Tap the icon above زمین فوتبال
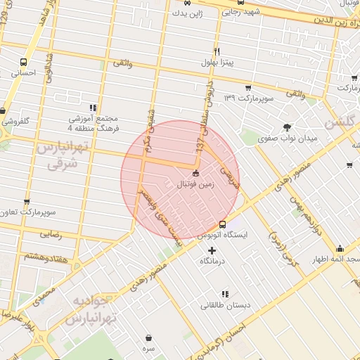pyautogui.click(x=195, y=174)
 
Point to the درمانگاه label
pyautogui.click(x=212, y=261)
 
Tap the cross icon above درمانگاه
pyautogui.click(x=212, y=250)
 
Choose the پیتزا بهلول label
pyautogui.click(x=216, y=63)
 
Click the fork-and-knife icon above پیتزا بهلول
pyautogui.click(x=217, y=52)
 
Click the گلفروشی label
pyautogui.click(x=15, y=121)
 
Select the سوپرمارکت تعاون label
pyautogui.click(x=27, y=212)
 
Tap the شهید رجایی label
pyautogui.click(x=241, y=11)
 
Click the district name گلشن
pyautogui.click(x=339, y=122)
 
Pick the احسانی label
pyautogui.click(x=25, y=72)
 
